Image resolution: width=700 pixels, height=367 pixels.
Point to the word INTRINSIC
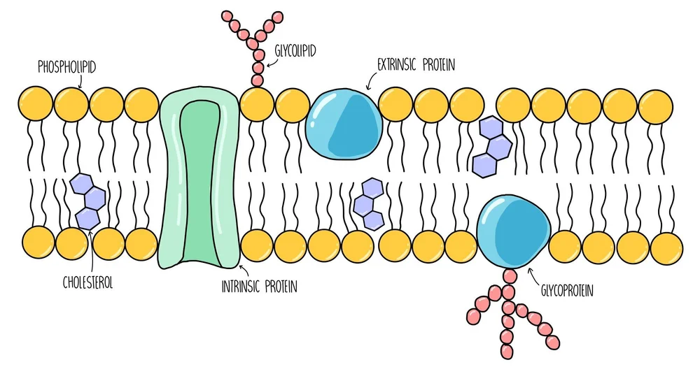(244, 287)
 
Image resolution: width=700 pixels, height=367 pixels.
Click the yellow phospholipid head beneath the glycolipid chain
(257, 105)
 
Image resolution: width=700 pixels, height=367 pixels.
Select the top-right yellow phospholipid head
(655, 106)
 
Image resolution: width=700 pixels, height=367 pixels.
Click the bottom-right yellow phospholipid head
(666, 246)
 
